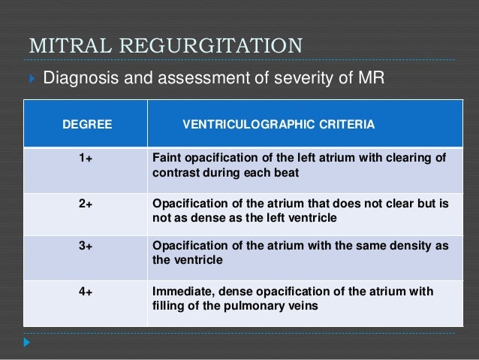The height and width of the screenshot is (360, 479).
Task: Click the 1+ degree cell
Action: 87,157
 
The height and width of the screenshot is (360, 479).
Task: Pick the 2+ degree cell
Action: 87,203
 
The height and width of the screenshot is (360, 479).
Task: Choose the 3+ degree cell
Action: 87,247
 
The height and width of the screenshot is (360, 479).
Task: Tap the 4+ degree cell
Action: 87,292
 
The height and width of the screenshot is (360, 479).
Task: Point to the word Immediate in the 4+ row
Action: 182,292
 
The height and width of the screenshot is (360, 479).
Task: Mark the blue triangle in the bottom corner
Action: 27,342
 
